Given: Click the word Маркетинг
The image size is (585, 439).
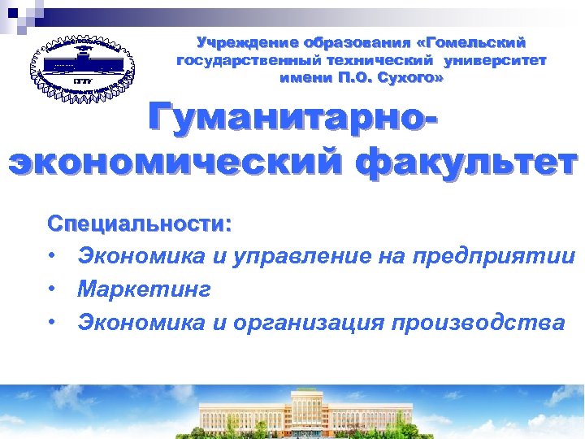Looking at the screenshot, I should coord(144,289).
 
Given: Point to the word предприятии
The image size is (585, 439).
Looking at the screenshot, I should coord(493,257).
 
